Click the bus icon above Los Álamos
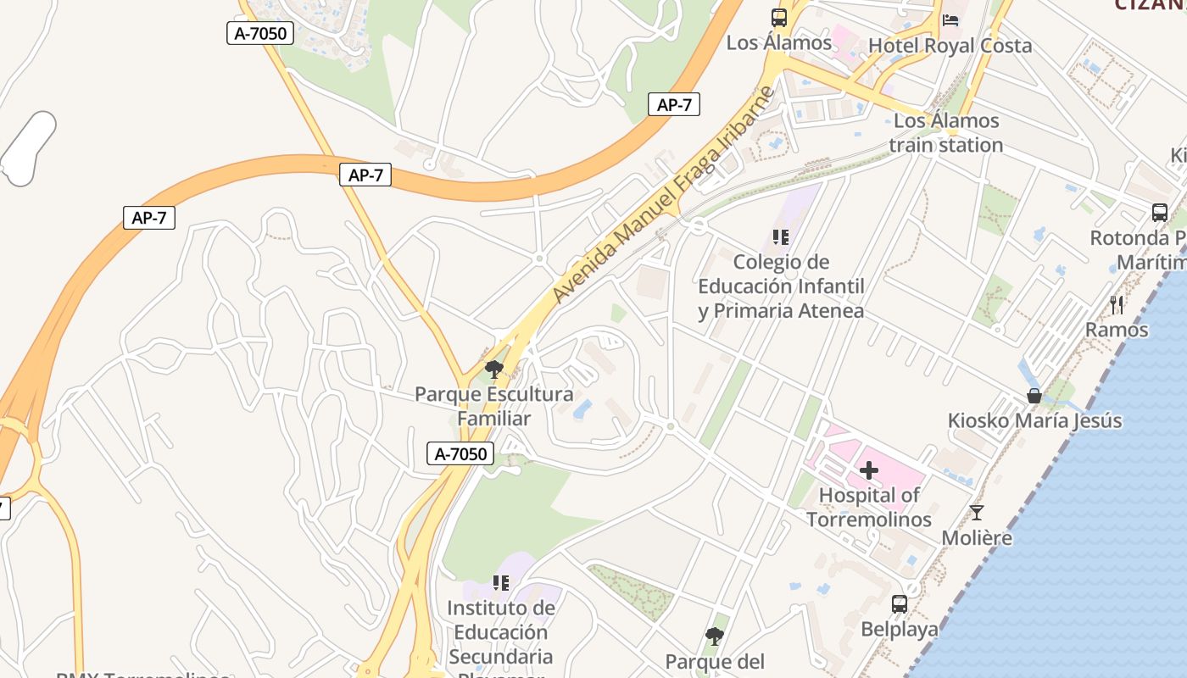click(778, 17)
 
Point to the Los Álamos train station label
click(946, 133)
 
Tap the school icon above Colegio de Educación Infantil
click(780, 237)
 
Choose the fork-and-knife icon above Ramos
click(1117, 305)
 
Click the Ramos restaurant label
click(1117, 330)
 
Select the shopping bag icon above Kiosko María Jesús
click(1034, 396)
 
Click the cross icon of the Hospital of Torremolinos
click(869, 470)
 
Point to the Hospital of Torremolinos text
click(869, 507)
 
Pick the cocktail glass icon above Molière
click(977, 513)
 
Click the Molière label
click(977, 538)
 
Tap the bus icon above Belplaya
click(899, 604)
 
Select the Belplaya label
click(899, 630)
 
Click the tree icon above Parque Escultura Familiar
click(493, 370)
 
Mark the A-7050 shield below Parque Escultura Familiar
click(460, 453)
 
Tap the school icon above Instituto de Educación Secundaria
click(500, 583)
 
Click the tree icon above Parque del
click(714, 636)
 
